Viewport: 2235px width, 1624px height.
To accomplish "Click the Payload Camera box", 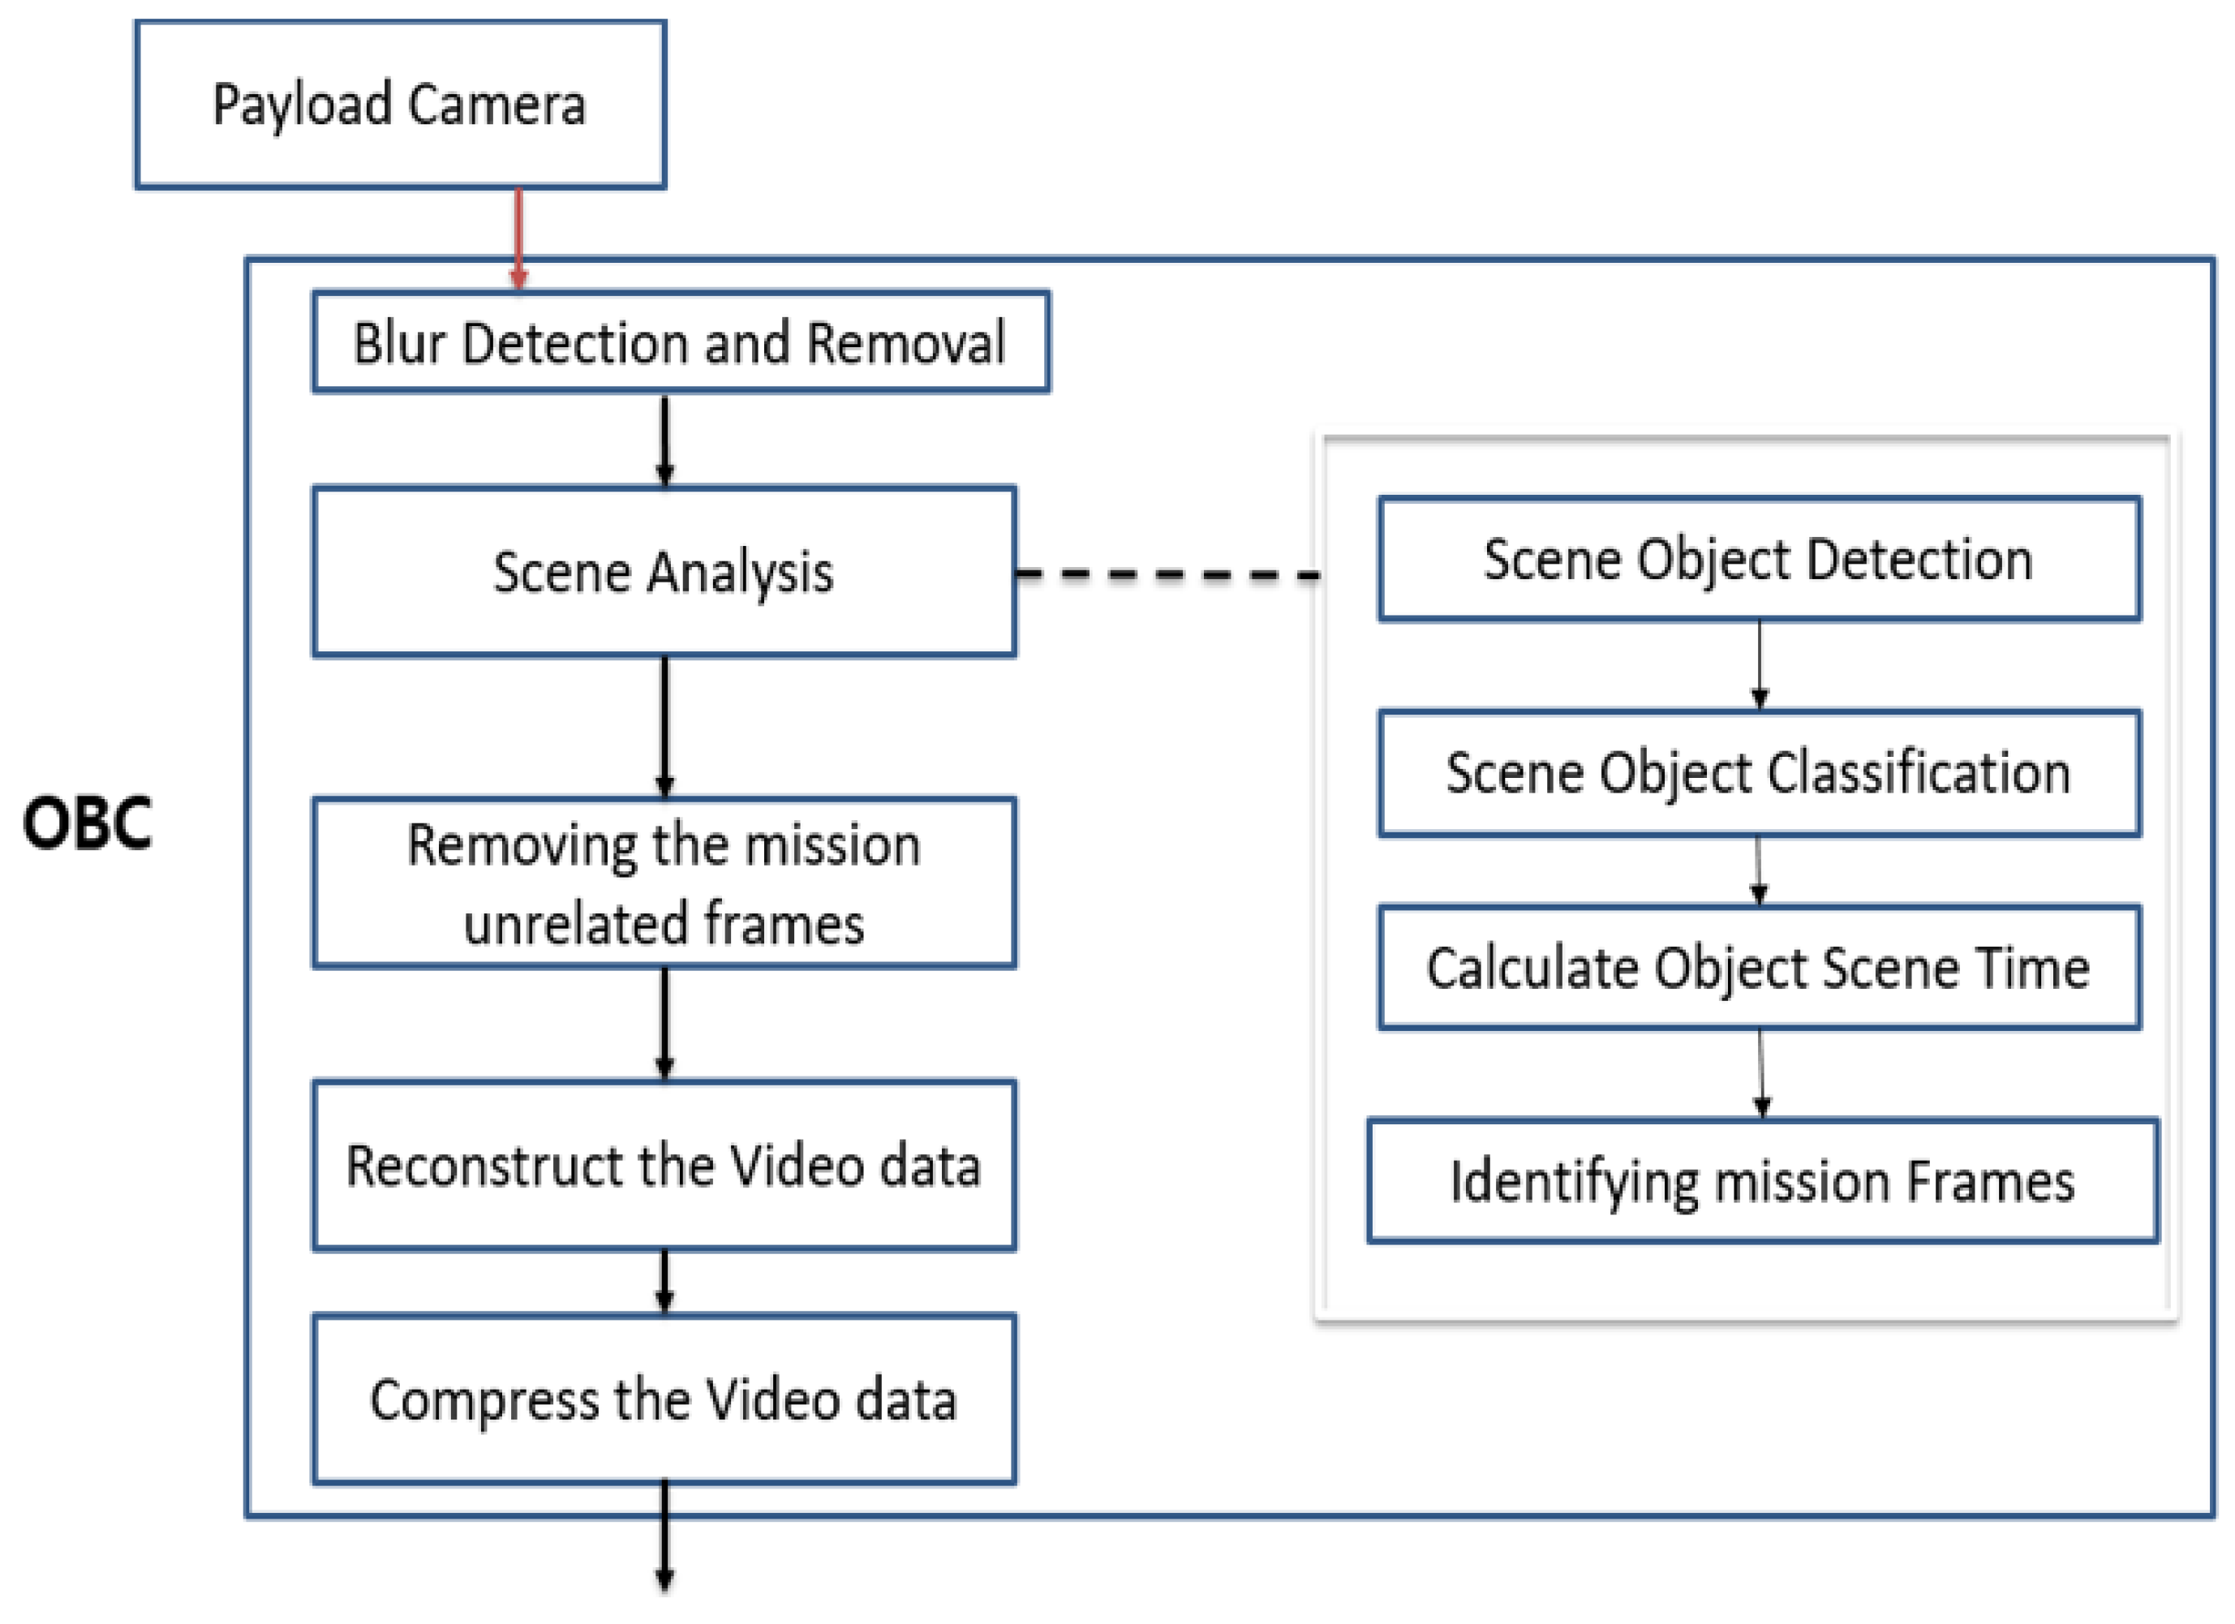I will coord(400,105).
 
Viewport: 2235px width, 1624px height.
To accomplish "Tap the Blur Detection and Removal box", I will coord(680,342).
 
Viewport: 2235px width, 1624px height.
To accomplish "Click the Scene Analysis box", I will coord(664,572).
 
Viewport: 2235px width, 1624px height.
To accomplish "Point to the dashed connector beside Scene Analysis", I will coord(1167,574).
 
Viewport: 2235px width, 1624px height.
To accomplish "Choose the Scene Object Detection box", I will coord(1758,559).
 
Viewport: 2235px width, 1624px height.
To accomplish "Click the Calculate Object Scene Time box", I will coord(1758,968).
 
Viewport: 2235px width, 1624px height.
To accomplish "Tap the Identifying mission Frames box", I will coord(1762,1180).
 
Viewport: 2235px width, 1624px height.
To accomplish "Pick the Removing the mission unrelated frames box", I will coord(664,883).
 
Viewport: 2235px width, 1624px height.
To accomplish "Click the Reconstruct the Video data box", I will coord(664,1166).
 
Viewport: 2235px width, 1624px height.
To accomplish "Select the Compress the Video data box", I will coord(664,1399).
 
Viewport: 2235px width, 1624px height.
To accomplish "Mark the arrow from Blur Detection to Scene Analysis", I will coord(664,440).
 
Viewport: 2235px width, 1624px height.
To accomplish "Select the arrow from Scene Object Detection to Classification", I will coord(1759,664).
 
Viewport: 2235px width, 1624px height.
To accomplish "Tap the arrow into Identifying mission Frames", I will coord(1761,1074).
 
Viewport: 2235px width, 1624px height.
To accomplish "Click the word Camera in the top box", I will coord(496,105).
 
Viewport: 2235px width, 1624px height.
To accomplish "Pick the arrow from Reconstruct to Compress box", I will coord(664,1282).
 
